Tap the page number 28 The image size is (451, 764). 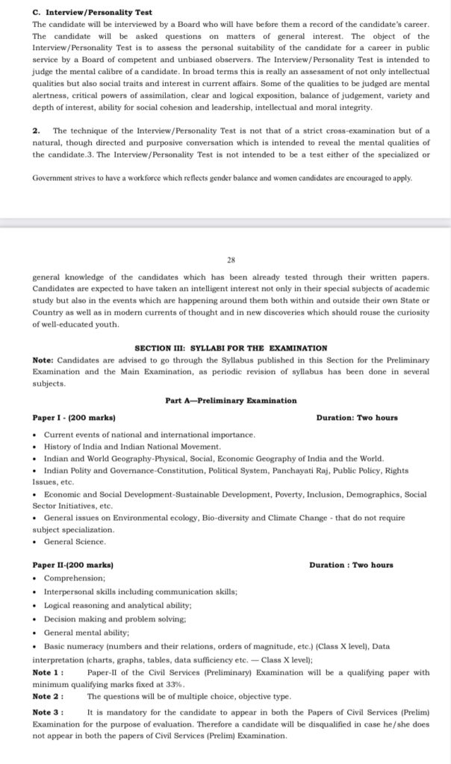[x=231, y=260]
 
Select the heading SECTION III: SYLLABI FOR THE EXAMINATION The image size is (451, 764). [x=231, y=348]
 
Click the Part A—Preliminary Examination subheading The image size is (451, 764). [x=231, y=401]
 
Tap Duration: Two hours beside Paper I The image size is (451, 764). [x=357, y=418]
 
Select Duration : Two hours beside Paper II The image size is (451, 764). [x=351, y=565]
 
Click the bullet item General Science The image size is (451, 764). [x=75, y=541]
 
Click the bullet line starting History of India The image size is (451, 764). [x=132, y=446]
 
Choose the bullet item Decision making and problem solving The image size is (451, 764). [x=115, y=619]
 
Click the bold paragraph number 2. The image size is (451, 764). [x=36, y=131]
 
